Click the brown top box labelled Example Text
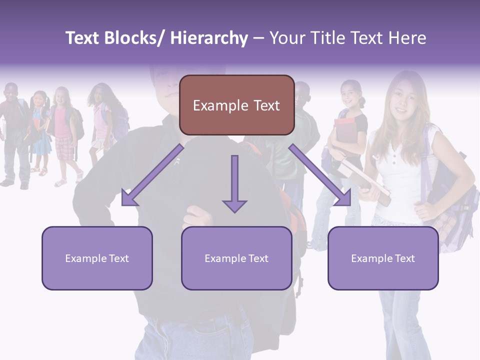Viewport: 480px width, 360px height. [236, 105]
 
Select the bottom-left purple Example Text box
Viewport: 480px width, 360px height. [97, 258]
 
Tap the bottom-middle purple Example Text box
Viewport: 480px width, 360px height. [236, 258]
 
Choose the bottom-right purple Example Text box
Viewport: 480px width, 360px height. [383, 258]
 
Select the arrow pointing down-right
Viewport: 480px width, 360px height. [320, 175]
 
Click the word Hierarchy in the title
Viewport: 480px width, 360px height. [209, 38]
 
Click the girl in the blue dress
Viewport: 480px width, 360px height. [40, 130]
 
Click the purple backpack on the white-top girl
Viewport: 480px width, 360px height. [450, 200]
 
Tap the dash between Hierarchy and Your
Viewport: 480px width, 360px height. [258, 38]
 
